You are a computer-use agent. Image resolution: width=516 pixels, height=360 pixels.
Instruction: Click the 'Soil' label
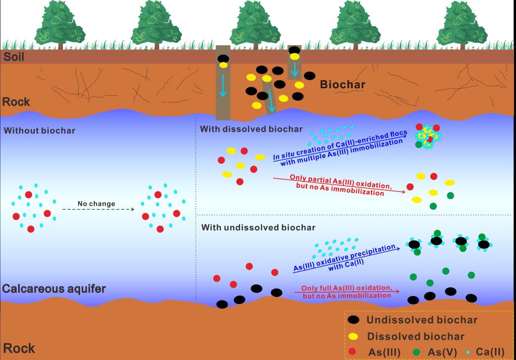(14, 56)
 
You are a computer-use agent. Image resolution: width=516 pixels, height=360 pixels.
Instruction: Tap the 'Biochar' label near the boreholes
(343, 84)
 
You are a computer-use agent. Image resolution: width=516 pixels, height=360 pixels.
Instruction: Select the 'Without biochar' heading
(39, 131)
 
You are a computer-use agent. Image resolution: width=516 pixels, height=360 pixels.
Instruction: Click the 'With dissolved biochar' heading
(251, 129)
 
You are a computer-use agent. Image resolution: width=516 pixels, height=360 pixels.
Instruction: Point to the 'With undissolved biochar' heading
(259, 227)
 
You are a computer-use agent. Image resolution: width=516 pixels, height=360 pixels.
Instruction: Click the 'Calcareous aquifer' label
(54, 289)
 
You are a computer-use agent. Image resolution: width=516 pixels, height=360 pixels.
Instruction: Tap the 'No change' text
(96, 204)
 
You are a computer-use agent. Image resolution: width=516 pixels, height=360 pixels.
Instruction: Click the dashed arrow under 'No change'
(98, 209)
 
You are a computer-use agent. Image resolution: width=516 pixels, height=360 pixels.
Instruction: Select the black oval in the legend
(354, 320)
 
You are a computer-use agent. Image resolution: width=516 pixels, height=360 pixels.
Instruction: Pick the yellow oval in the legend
(354, 336)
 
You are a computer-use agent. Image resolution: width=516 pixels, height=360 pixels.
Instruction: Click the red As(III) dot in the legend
(353, 351)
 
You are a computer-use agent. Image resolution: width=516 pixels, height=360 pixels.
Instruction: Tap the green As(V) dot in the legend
(417, 351)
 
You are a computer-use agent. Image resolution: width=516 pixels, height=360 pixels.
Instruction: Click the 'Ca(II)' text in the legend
(491, 351)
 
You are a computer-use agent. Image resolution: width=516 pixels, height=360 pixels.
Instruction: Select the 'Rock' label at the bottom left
(19, 348)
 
